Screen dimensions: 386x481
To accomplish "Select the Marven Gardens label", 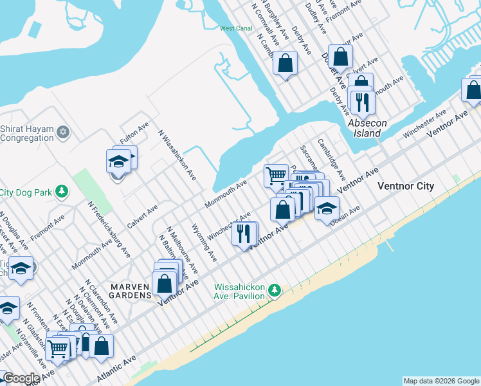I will pos(129,291).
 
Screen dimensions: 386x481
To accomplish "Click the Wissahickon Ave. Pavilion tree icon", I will pos(275,291).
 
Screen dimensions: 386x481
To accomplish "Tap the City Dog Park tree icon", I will pos(62,192).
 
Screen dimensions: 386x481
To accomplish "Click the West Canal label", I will pos(235,28).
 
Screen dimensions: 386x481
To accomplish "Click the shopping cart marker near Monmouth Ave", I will pos(276,174).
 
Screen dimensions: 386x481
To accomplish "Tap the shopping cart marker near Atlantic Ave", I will pos(58,349).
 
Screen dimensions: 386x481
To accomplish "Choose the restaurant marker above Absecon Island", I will pos(361,100).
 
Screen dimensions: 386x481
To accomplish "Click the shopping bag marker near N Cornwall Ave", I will pos(285,63).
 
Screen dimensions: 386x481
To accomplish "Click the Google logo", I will pos(21,378).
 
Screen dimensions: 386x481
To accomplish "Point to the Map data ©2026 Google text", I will pos(441,381).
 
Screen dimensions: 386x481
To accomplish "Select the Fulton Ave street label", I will pos(134,133).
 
